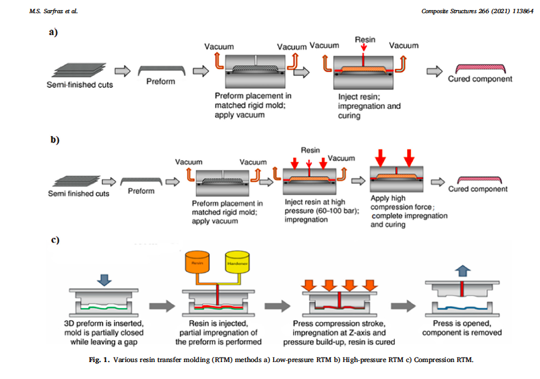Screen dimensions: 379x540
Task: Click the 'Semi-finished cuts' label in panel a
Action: click(80, 84)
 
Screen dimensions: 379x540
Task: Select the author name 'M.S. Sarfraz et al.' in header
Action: click(53, 11)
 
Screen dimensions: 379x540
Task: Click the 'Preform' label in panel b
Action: click(142, 191)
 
